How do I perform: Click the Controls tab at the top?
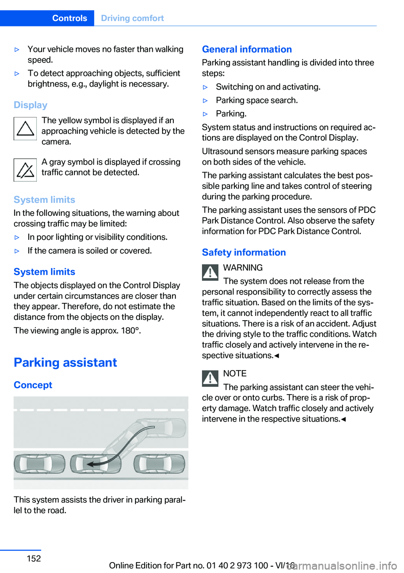[69, 18]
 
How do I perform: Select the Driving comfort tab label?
[132, 18]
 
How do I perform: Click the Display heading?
[30, 105]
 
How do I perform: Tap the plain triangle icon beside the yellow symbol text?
[25, 129]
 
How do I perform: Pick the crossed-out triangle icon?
[25, 170]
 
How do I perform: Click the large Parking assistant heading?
[65, 362]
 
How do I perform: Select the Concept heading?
[33, 385]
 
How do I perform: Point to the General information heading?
[247, 49]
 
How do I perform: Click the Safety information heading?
[244, 252]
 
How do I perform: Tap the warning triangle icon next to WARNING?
[210, 272]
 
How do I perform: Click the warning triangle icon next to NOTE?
[210, 378]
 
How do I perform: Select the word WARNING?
[243, 268]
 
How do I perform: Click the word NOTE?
[235, 374]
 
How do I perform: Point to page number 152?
[34, 558]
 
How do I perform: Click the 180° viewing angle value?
[130, 331]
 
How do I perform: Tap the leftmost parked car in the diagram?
[39, 464]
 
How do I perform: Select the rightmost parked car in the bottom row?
[159, 464]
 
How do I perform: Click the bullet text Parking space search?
[257, 100]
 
